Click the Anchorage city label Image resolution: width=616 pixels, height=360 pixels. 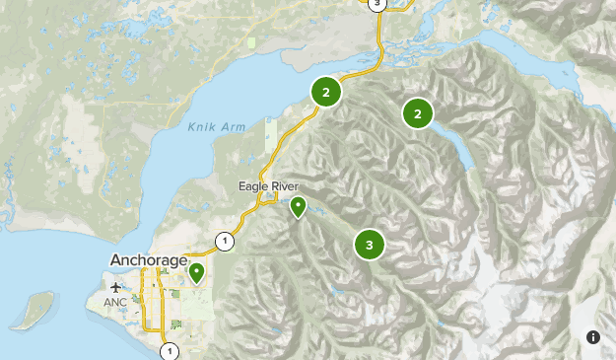(149, 260)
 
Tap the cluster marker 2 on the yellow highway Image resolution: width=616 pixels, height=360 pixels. (326, 93)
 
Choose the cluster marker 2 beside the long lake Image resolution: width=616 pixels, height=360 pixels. (418, 114)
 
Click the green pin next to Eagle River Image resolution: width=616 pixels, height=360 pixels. (298, 206)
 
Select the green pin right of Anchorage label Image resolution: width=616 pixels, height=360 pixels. (197, 271)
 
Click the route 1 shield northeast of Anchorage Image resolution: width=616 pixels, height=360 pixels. (226, 241)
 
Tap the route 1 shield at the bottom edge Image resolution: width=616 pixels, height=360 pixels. (170, 350)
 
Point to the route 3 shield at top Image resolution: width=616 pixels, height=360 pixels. (376, 4)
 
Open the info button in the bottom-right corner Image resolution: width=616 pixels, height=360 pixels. (592, 337)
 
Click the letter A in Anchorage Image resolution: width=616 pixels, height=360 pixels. (116, 260)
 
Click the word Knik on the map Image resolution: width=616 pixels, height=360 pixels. (200, 126)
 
